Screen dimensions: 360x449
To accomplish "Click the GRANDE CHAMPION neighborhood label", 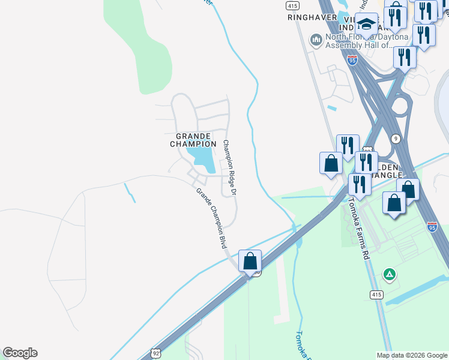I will [x=193, y=140].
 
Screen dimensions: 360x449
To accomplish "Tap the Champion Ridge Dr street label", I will [x=230, y=167].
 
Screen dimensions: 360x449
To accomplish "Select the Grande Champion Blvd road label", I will [x=211, y=218].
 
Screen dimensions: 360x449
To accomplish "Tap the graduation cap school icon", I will [x=366, y=25].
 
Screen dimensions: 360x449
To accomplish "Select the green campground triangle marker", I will [x=390, y=275].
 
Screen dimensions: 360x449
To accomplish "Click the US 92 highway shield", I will [x=155, y=353].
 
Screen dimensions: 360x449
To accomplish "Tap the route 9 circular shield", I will [x=396, y=139].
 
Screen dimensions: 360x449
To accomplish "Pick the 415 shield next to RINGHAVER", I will [x=292, y=5].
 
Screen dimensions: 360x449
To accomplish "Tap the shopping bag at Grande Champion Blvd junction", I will [x=250, y=262].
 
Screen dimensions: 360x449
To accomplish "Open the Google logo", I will [x=20, y=353].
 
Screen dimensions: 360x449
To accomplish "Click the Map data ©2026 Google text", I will [x=411, y=355].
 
